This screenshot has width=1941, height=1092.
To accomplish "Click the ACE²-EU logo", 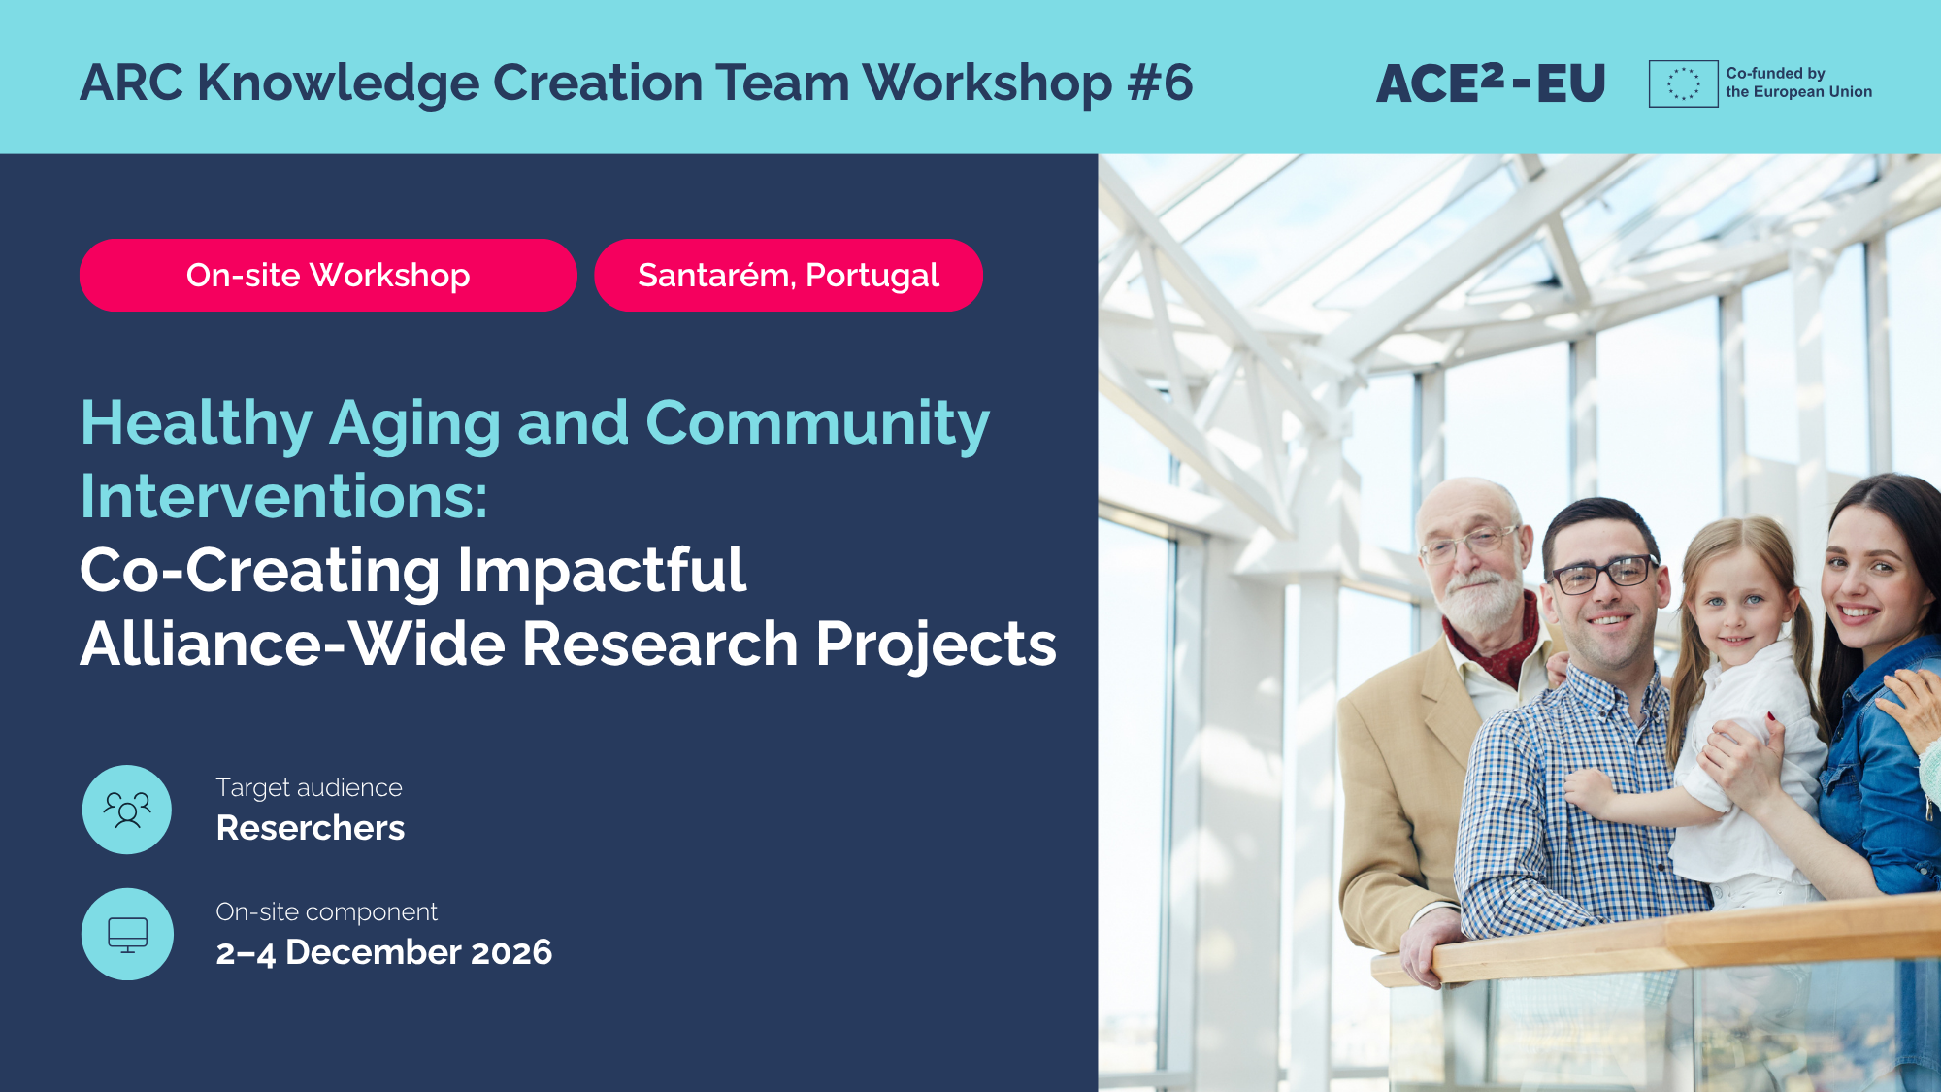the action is click(1491, 83).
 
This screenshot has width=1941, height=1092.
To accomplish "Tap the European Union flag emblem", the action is click(1683, 83).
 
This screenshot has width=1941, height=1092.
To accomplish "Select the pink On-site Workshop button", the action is click(328, 275).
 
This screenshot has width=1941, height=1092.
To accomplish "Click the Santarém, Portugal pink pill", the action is click(788, 275).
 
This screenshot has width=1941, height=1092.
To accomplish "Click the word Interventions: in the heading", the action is click(283, 496).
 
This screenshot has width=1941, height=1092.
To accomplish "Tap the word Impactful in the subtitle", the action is click(602, 570).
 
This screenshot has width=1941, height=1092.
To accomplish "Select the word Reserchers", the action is click(311, 828).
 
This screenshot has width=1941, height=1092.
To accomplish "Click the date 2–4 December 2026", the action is click(384, 952).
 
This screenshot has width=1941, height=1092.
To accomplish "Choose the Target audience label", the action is click(309, 787).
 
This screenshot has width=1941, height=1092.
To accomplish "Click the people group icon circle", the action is click(127, 810).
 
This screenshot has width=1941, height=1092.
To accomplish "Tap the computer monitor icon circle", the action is click(127, 934).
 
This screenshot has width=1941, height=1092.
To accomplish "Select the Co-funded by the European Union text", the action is click(1798, 83).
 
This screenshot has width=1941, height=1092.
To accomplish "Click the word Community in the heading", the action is click(817, 424).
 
